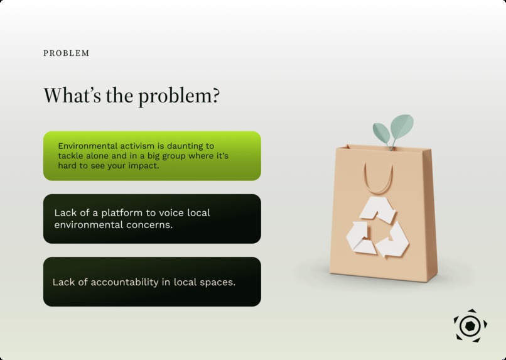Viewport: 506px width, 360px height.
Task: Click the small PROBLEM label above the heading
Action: tap(66, 53)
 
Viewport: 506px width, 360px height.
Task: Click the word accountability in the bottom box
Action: tap(124, 282)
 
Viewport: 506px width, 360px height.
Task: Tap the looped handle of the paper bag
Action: tap(379, 180)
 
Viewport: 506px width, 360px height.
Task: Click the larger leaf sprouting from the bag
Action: tap(402, 126)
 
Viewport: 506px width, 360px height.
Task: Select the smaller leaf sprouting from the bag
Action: tap(381, 132)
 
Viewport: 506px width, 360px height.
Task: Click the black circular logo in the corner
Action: tap(470, 325)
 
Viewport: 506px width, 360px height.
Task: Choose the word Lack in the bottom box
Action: tap(63, 282)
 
